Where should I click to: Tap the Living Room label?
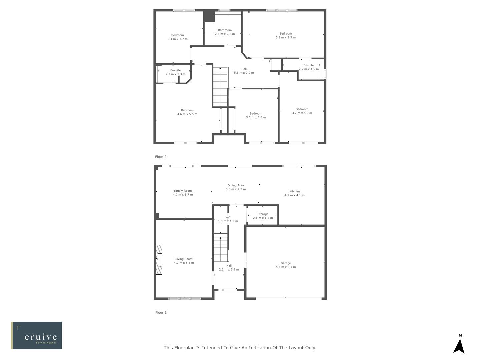pyautogui.click(x=184, y=259)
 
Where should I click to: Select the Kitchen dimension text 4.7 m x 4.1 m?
pyautogui.click(x=294, y=195)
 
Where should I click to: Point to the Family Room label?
pyautogui.click(x=183, y=191)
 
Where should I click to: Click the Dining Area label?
pyautogui.click(x=236, y=185)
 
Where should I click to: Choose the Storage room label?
pyautogui.click(x=263, y=214)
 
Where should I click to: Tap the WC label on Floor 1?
pyautogui.click(x=228, y=217)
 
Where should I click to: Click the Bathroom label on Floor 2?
pyautogui.click(x=225, y=30)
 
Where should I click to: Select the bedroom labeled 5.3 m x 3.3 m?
pyautogui.click(x=286, y=35)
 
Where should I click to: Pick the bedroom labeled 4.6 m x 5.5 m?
pyautogui.click(x=187, y=112)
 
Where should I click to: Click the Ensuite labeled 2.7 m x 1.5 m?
pyautogui.click(x=309, y=67)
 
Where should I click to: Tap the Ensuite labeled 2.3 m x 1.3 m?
pyautogui.click(x=175, y=72)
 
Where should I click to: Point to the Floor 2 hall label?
pyautogui.click(x=244, y=69)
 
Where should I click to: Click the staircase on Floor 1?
pyautogui.click(x=220, y=249)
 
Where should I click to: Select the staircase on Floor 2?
pyautogui.click(x=220, y=87)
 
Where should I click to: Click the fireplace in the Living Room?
pyautogui.click(x=159, y=260)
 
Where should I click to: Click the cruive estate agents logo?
pyautogui.click(x=37, y=335)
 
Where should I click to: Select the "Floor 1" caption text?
pyautogui.click(x=161, y=312)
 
